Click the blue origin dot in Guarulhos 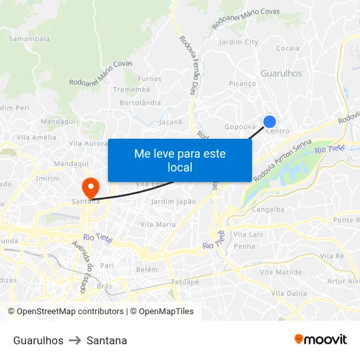pyautogui.click(x=269, y=121)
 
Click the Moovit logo pyautogui.click(x=321, y=340)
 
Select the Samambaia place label pyautogui.click(x=29, y=39)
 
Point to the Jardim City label pyautogui.click(x=238, y=42)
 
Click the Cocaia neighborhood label pyautogui.click(x=288, y=48)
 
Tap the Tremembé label pyautogui.click(x=132, y=90)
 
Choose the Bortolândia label pyautogui.click(x=140, y=103)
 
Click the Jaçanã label pyautogui.click(x=171, y=122)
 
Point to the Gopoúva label pyautogui.click(x=238, y=126)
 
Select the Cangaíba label pyautogui.click(x=268, y=209)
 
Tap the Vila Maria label pyautogui.click(x=158, y=224)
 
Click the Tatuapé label pyautogui.click(x=185, y=282)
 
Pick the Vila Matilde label pyautogui.click(x=281, y=271)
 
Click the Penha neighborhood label pyautogui.click(x=244, y=246)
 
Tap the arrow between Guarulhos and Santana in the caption pyautogui.click(x=75, y=340)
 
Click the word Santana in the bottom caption pyautogui.click(x=107, y=340)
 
